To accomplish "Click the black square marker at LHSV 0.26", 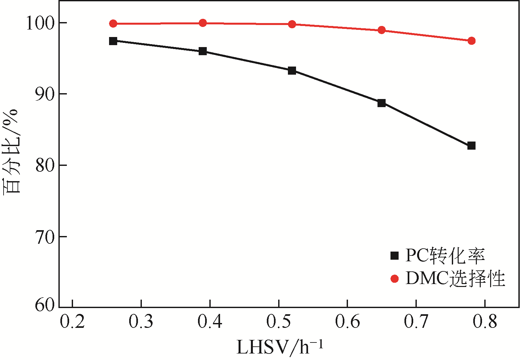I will (113, 41).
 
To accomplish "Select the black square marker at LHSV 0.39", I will (203, 51).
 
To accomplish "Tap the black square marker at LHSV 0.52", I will (292, 70).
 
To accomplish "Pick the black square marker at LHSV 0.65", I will (381, 103).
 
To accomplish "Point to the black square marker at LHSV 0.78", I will (471, 146).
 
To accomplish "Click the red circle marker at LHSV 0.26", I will (113, 23).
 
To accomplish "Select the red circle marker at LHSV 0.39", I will (203, 23).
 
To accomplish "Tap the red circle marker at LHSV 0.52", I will (292, 24).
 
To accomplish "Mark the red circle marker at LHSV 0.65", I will (381, 30).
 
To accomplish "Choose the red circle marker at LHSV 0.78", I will (471, 41).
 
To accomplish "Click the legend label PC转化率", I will (445, 256).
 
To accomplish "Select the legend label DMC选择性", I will (455, 279).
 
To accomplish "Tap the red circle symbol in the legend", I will (394, 279).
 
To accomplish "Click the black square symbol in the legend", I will (394, 256).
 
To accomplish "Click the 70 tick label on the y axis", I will (45, 237).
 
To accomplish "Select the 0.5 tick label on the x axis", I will (279, 322).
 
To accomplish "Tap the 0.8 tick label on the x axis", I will (485, 322).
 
